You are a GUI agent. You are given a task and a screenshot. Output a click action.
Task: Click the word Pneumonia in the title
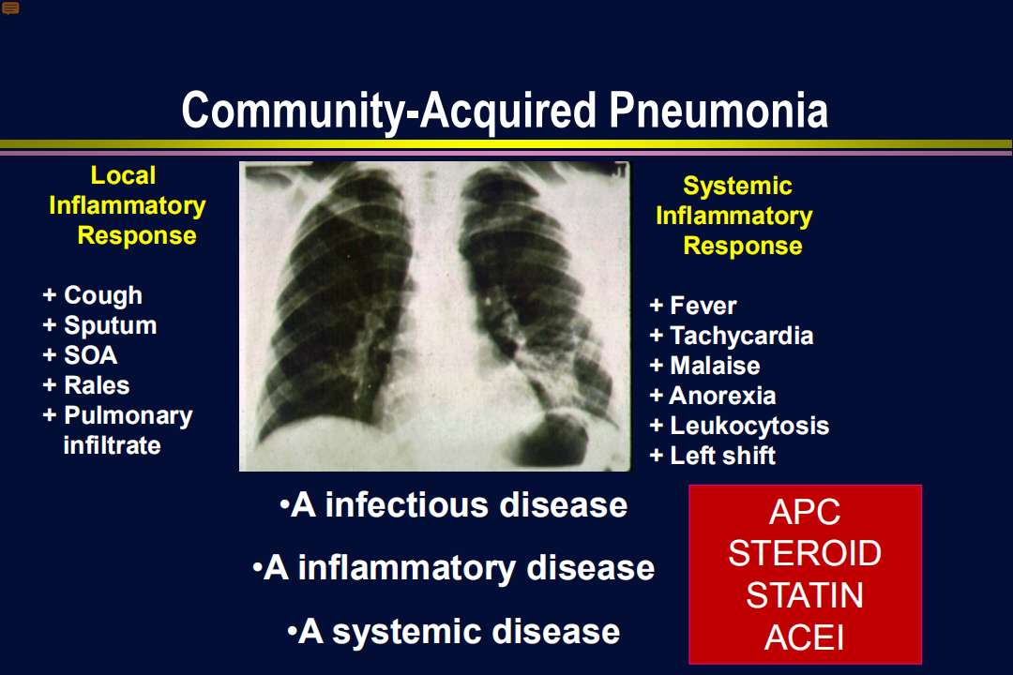click(718, 111)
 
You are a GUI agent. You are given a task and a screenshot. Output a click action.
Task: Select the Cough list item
click(92, 295)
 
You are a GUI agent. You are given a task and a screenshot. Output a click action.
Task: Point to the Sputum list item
click(99, 325)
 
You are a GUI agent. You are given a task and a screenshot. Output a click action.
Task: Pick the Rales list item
click(86, 385)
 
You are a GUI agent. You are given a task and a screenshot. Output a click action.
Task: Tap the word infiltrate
click(112, 445)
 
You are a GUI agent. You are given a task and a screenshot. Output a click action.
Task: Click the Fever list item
click(692, 306)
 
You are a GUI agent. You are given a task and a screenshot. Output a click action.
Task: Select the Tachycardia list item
click(732, 336)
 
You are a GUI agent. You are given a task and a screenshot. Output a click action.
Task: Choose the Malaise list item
click(704, 366)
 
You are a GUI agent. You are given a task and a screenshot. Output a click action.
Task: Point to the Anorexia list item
click(713, 396)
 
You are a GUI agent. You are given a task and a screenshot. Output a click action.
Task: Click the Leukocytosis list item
click(739, 426)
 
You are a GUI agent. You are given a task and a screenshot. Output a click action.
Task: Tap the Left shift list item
click(712, 456)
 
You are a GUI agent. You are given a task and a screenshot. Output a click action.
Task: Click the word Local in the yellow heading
click(123, 175)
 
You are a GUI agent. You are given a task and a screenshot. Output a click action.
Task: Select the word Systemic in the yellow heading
click(737, 186)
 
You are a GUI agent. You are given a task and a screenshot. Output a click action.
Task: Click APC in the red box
click(805, 512)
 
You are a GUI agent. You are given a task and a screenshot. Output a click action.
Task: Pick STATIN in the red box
click(805, 595)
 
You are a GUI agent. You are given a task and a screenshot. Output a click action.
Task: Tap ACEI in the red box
click(805, 638)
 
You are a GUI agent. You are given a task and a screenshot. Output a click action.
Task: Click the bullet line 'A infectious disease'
click(454, 504)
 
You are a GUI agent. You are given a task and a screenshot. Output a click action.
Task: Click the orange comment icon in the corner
click(10, 8)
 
